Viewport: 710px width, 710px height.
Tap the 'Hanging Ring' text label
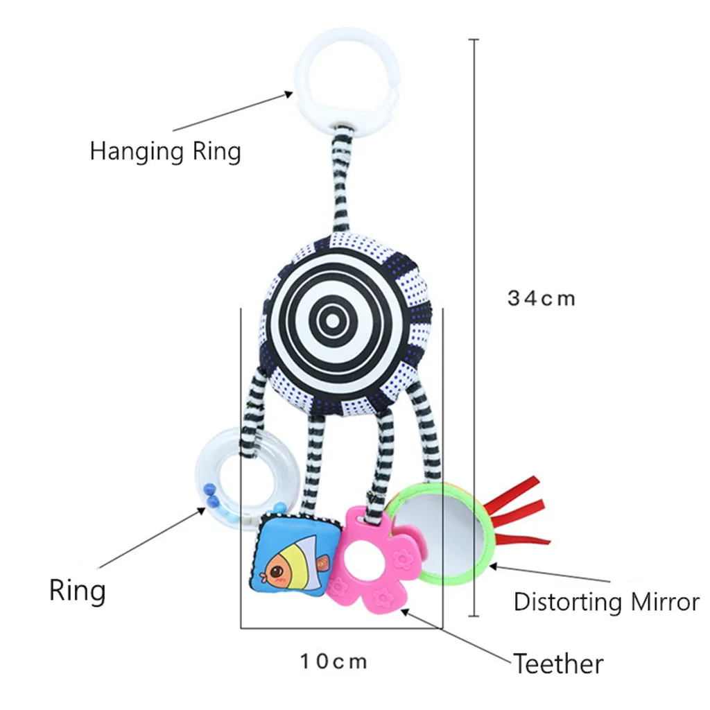pyautogui.click(x=165, y=150)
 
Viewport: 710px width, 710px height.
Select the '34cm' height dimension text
pyautogui.click(x=542, y=299)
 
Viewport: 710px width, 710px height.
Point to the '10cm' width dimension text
pyautogui.click(x=334, y=661)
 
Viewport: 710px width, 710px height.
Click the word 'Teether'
pyautogui.click(x=558, y=664)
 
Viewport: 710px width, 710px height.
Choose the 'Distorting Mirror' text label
pyautogui.click(x=606, y=602)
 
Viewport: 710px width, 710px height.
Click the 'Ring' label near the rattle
pyautogui.click(x=77, y=590)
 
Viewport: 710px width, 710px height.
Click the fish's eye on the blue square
pyautogui.click(x=277, y=571)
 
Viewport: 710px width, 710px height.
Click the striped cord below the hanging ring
pyautogui.click(x=343, y=180)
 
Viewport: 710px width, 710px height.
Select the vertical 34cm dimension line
pyautogui.click(x=474, y=326)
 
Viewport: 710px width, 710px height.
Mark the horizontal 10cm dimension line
pyautogui.click(x=340, y=628)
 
